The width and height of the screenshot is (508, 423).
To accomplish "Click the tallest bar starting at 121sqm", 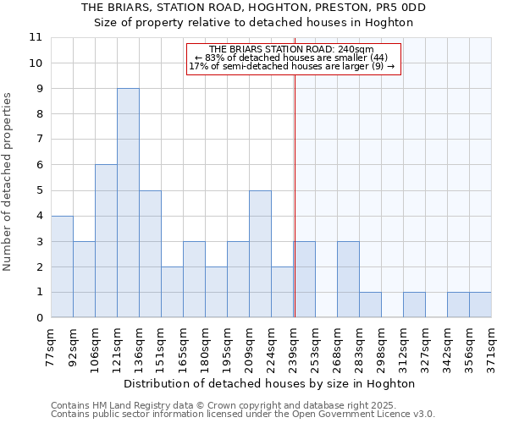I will point(128,203).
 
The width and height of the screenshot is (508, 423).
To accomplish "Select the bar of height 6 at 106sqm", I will point(106,241).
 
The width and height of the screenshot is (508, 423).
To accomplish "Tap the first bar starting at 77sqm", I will point(62,266).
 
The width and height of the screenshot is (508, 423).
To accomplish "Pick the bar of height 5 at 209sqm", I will point(260,254).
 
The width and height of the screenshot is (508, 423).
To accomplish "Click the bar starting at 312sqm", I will point(414,305).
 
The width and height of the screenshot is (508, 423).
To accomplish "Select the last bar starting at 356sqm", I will point(480,305).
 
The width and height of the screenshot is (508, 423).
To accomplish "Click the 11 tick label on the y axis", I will point(36,38).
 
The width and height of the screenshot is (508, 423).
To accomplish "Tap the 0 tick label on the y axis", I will point(39,318).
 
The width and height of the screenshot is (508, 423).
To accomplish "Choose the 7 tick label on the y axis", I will point(39,140).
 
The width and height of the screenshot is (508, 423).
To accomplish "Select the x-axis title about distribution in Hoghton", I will point(270,383).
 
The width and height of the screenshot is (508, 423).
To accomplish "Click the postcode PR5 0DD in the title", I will point(397,8).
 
